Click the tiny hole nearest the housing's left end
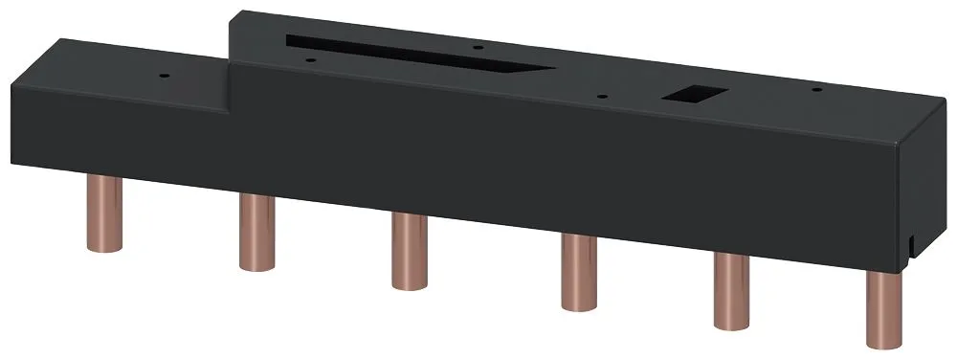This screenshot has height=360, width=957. pyautogui.click(x=164, y=72)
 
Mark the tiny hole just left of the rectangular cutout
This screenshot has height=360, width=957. pyautogui.click(x=601, y=95)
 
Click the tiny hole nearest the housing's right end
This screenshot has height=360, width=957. pyautogui.click(x=816, y=89)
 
